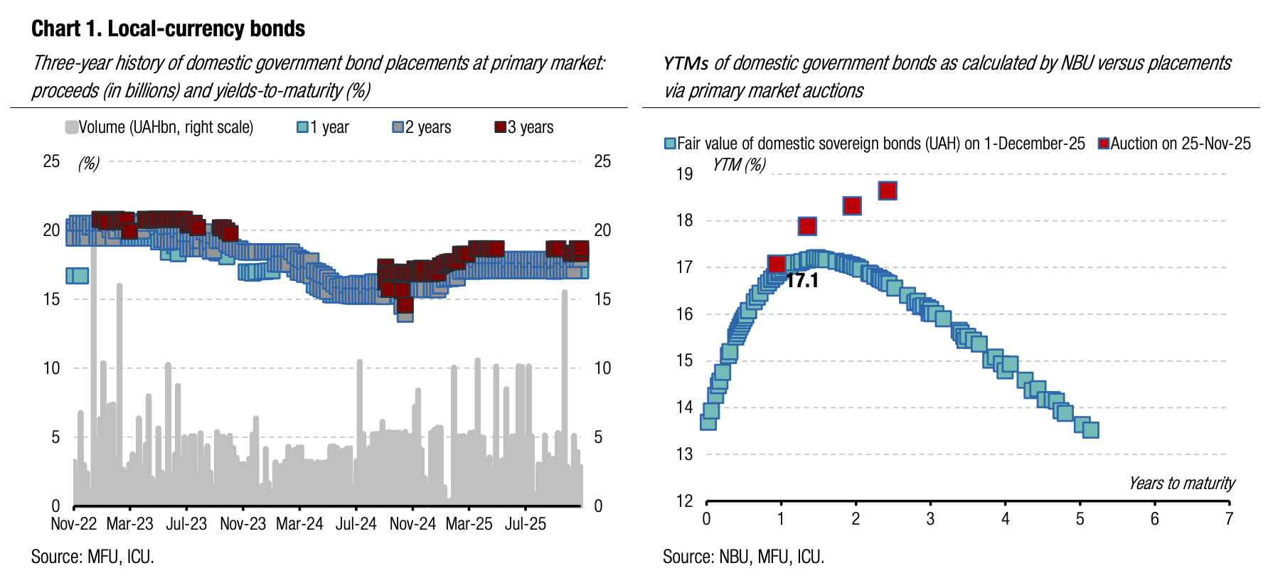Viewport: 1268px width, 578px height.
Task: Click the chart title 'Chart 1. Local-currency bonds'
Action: tap(168, 28)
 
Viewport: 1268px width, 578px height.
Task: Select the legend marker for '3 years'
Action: tap(501, 127)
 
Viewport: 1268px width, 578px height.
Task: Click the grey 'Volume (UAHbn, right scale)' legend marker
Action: tap(71, 127)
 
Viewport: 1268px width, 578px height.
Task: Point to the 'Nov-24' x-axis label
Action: tap(412, 524)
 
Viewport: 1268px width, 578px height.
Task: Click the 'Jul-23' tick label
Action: tap(186, 524)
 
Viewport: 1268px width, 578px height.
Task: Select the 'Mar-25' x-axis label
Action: tap(469, 524)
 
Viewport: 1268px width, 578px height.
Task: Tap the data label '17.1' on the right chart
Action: tap(802, 281)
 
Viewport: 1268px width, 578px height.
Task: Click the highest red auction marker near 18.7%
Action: tap(888, 191)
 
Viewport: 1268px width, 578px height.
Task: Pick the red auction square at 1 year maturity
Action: tap(777, 264)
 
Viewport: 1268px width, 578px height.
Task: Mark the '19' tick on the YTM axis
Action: tap(684, 174)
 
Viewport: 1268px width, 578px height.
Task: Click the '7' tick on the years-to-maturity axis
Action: tap(1229, 519)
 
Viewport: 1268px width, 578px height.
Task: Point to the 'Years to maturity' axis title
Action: tap(1181, 483)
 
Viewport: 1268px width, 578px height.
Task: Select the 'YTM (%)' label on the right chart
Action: tap(739, 165)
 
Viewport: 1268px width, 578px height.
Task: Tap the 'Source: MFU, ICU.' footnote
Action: tap(92, 557)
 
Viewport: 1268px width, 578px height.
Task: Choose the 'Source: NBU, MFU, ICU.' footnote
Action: tap(743, 557)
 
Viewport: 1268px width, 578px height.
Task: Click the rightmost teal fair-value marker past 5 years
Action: tap(1090, 429)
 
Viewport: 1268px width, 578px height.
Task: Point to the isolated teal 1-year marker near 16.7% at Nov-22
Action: tap(77, 275)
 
